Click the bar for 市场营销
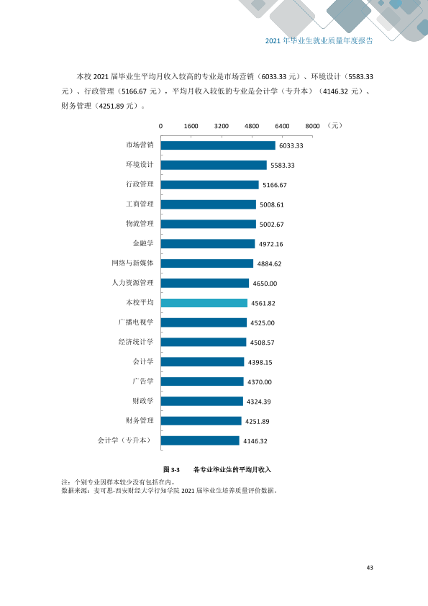point(218,145)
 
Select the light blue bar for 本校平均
point(204,303)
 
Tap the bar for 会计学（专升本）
point(200,440)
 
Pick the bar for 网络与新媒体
point(207,263)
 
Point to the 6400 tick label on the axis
point(282,126)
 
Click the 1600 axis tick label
point(191,126)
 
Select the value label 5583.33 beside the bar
point(283,166)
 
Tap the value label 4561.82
point(263,304)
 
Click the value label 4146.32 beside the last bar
point(255,441)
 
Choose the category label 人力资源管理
point(132,283)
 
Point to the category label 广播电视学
point(136,322)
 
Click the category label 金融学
point(143,243)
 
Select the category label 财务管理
point(140,420)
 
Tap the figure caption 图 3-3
point(171,469)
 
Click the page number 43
point(370,567)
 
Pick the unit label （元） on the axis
point(334,126)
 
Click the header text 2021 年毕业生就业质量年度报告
point(319,40)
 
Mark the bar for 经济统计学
point(204,342)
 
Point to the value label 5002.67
point(272,225)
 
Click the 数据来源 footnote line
point(170,490)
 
